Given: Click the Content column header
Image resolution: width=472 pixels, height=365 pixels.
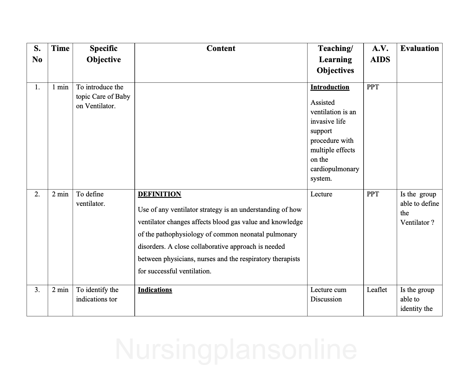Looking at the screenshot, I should tap(221, 48).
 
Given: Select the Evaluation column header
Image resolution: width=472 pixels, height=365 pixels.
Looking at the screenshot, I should tap(419, 48).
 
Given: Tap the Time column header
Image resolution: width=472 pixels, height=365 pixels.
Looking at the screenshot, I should tap(60, 48).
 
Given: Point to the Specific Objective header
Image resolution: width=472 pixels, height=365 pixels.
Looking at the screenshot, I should tap(104, 54).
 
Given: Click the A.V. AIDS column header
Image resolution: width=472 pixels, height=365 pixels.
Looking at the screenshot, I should tap(380, 54).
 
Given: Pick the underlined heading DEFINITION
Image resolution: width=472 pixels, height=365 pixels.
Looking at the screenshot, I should tap(159, 194).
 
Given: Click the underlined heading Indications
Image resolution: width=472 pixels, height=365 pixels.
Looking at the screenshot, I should tap(155, 290).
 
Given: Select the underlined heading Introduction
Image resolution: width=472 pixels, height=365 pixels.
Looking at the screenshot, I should tap(330, 87).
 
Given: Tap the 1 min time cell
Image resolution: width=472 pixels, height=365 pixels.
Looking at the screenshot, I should tap(60, 87).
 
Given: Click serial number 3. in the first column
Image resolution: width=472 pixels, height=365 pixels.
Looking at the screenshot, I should tap(37, 290).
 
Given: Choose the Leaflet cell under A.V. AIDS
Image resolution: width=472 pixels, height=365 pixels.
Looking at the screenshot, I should tap(377, 290).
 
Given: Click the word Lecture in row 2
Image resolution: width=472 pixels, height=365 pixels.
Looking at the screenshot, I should tap(321, 194).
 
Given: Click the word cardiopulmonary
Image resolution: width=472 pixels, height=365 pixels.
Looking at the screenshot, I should tap(335, 169).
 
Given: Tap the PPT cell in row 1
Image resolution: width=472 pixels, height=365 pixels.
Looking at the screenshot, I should tap(373, 87).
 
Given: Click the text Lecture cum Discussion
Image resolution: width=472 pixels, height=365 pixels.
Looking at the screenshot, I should tap(328, 294).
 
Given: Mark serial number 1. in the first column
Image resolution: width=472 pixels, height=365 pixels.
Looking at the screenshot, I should tap(37, 87).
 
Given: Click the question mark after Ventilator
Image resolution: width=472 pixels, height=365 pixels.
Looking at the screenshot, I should tap(433, 223).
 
